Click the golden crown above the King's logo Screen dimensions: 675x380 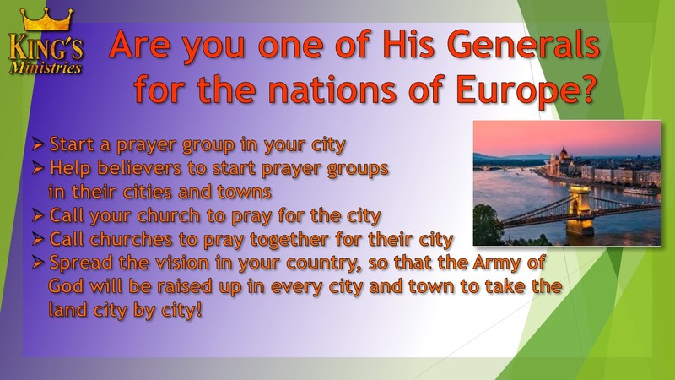46,19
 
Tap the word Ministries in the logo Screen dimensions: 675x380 46,68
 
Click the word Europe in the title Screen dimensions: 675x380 514,90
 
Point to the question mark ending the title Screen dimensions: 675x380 585,88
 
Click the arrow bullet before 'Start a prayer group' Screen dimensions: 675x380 38,144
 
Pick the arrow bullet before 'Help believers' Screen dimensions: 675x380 38,168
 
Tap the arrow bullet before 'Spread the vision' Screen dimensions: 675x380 38,263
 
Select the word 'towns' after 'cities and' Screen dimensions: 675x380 244,192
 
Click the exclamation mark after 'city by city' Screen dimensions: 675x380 198,309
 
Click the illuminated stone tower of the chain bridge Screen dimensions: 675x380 580,210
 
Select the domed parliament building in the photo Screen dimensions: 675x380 564,162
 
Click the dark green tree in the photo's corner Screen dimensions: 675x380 488,225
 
